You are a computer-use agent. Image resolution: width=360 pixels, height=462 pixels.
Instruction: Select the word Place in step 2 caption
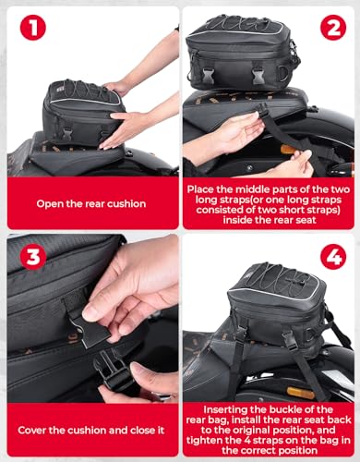(x=205, y=188)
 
